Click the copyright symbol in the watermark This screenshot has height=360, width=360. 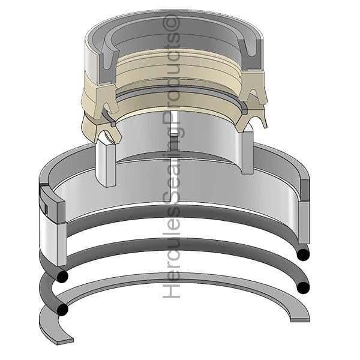171,23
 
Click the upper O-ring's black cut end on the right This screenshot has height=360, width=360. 303,254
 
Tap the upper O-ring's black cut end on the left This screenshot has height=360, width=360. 62,277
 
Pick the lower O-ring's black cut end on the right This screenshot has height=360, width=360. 303,287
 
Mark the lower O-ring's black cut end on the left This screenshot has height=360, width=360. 62,310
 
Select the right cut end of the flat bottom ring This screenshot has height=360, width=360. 300,320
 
